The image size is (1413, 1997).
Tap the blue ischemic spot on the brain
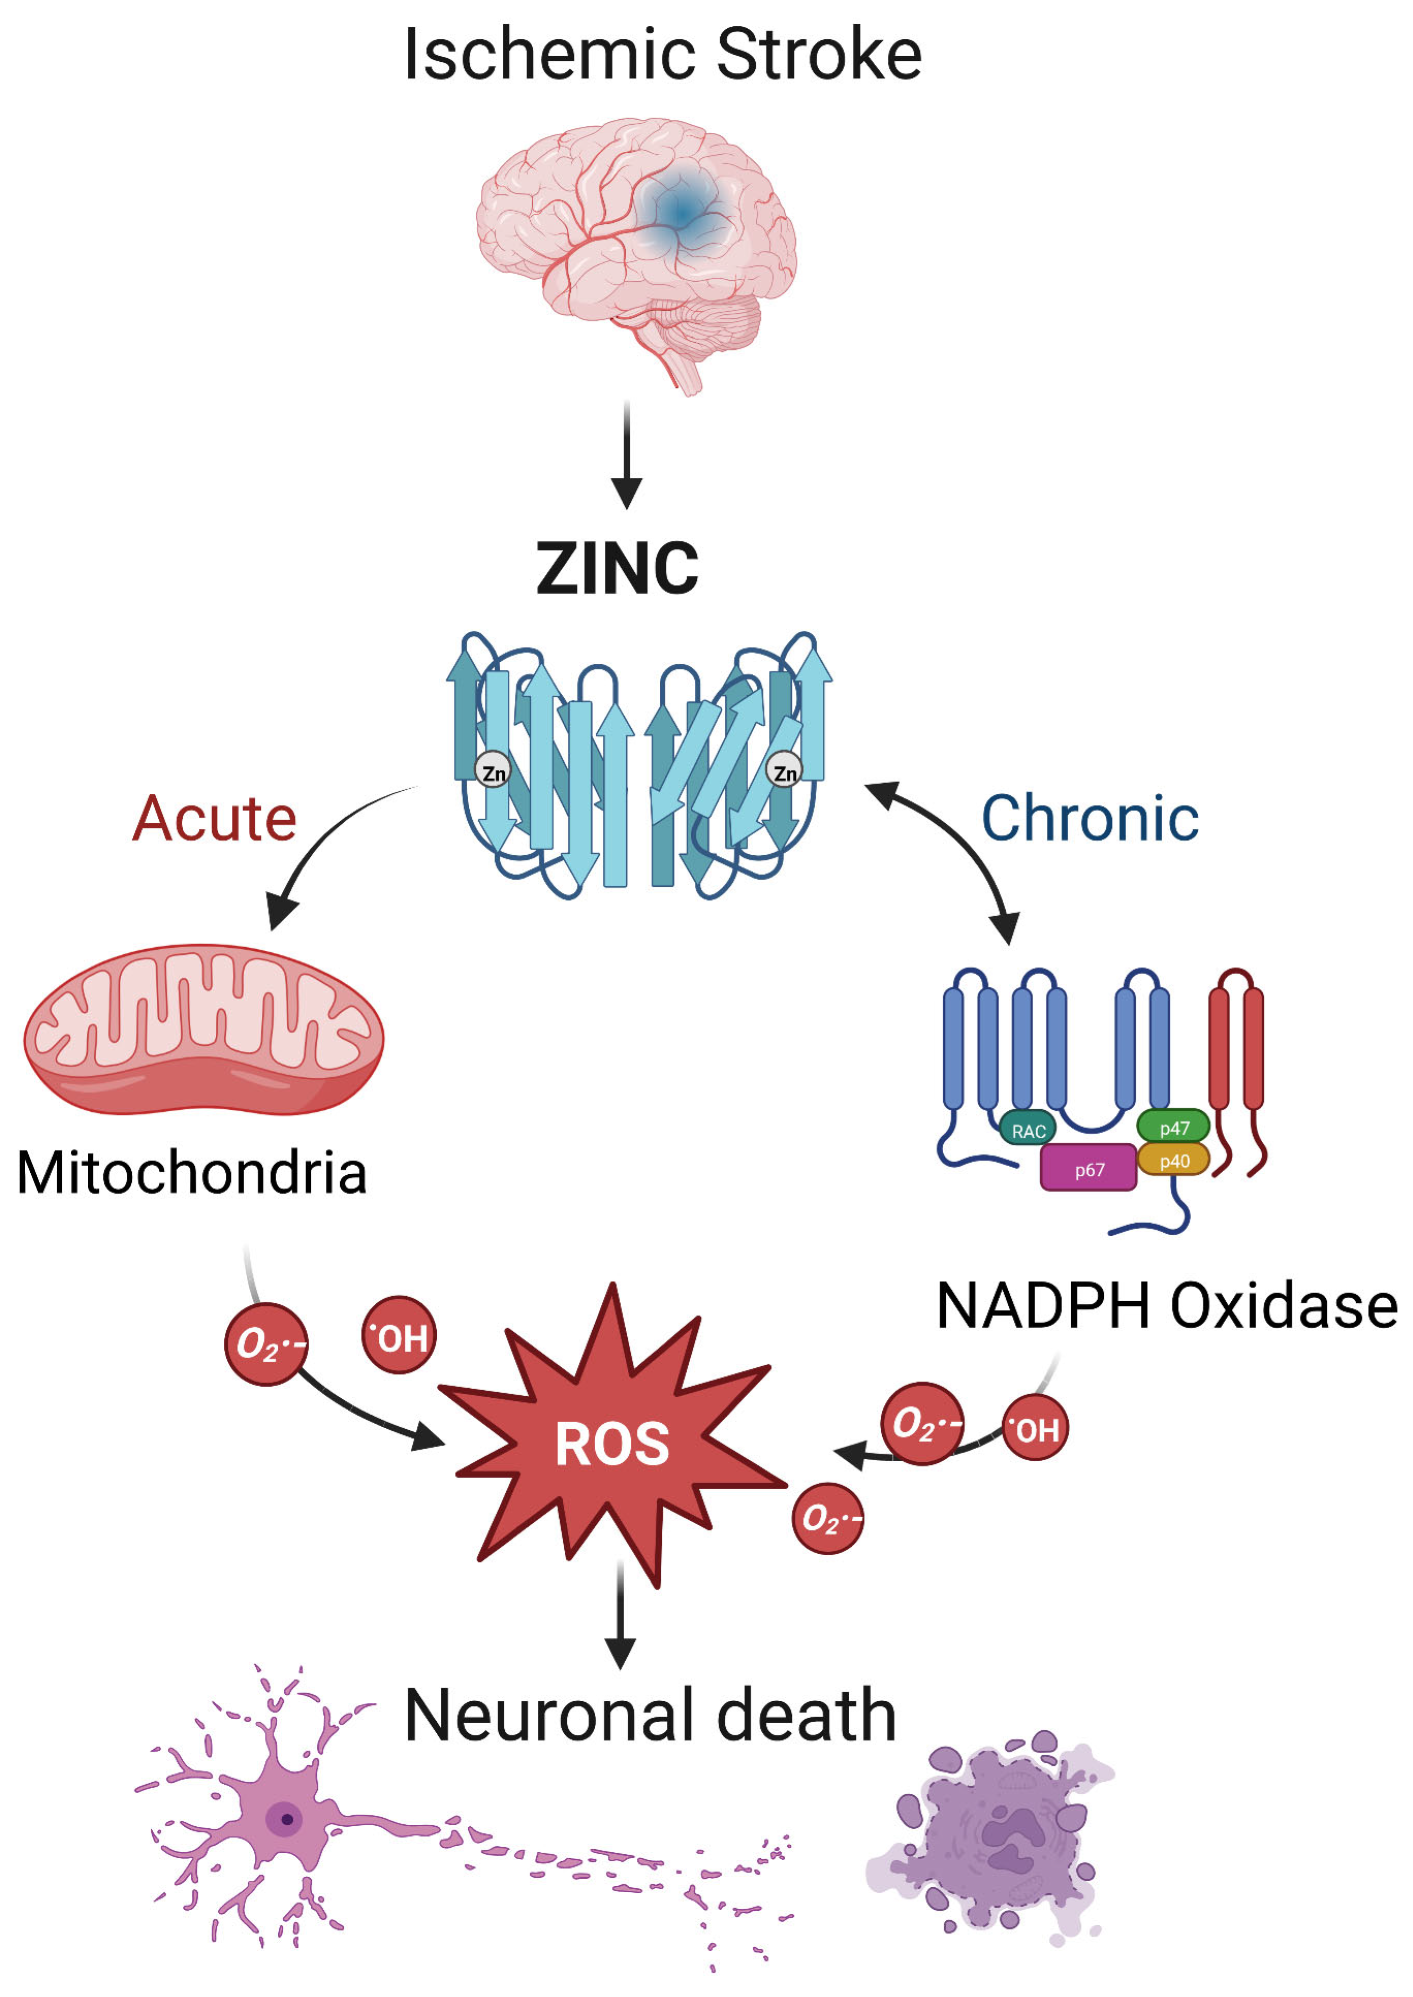pyautogui.click(x=681, y=211)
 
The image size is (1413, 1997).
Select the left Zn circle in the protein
pyautogui.click(x=493, y=770)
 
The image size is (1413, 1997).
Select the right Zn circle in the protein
pyautogui.click(x=784, y=770)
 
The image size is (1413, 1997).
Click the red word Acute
pyautogui.click(x=214, y=819)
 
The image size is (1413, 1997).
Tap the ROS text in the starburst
pyautogui.click(x=612, y=1445)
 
